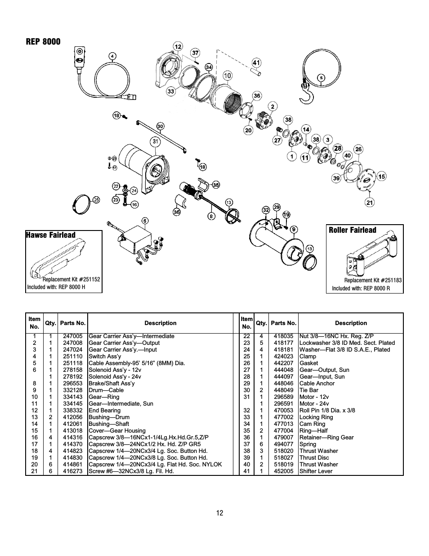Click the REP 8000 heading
point(43,42)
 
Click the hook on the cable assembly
point(308,93)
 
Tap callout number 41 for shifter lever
point(256,63)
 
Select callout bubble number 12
point(178,46)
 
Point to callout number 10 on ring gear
point(227,75)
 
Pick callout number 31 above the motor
point(156,141)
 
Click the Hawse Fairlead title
point(50,235)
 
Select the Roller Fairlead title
point(352,230)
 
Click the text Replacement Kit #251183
point(373,280)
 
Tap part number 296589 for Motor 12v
point(283,397)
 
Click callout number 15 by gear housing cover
point(381,176)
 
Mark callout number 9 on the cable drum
point(294,230)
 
